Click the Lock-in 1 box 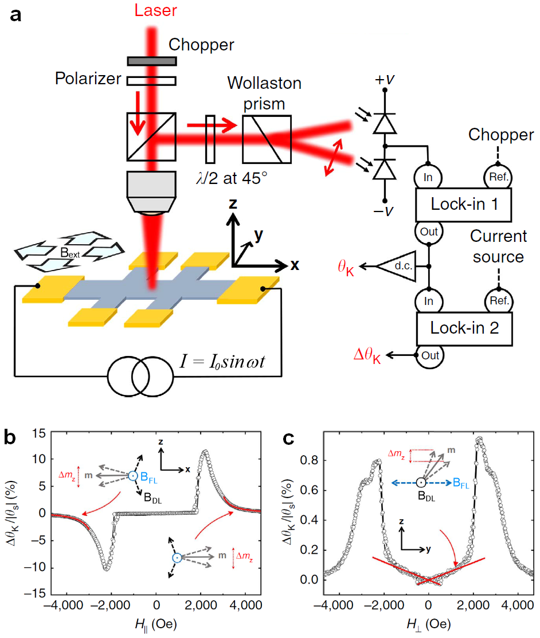tap(464, 205)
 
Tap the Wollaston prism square tap(267, 139)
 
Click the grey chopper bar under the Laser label tap(152, 61)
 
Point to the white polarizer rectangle tap(151, 81)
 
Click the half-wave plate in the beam tap(210, 139)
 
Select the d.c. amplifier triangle tap(397, 266)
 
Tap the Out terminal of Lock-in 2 tap(429, 355)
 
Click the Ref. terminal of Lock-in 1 tap(498, 177)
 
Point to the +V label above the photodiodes tap(385, 79)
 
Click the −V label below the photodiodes tap(384, 211)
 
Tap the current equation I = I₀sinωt tap(222, 361)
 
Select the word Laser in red tap(155, 10)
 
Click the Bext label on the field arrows tap(69, 253)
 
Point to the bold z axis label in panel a tap(233, 203)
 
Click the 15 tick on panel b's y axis tap(39, 433)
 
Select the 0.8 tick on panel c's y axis tap(309, 460)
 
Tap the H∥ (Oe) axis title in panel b tap(156, 624)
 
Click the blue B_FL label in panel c tap(461, 483)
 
